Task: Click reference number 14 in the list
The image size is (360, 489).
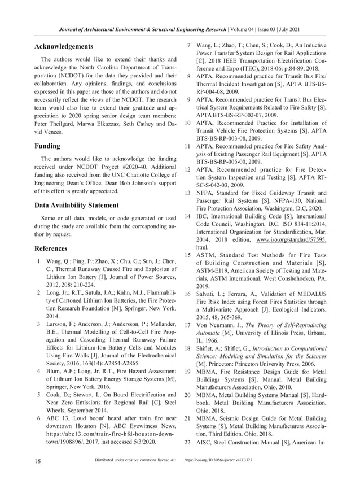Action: click(188, 217)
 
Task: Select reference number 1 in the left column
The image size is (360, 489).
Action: click(38, 262)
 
